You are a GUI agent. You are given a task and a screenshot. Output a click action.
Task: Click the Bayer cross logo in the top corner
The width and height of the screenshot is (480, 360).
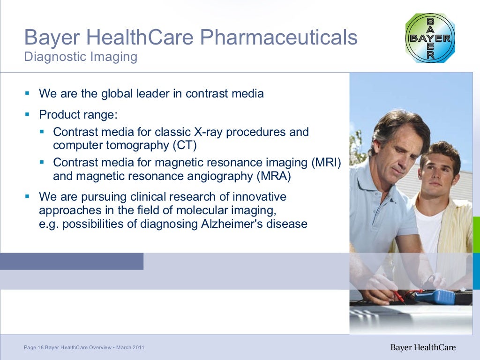click(x=430, y=38)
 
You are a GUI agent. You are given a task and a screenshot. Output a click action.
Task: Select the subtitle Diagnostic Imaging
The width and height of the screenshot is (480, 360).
click(x=81, y=57)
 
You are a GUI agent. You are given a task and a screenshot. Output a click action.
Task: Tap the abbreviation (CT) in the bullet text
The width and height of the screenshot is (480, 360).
click(x=184, y=145)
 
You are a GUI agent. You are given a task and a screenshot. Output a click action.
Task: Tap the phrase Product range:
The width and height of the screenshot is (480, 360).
click(x=78, y=114)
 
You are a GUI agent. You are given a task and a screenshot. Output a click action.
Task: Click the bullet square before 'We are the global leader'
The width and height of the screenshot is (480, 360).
click(x=27, y=93)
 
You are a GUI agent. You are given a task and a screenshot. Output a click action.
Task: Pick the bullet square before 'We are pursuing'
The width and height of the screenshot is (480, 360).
click(x=27, y=195)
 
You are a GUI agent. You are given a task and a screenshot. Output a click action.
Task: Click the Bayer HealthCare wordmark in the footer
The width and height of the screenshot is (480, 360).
click(x=423, y=348)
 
